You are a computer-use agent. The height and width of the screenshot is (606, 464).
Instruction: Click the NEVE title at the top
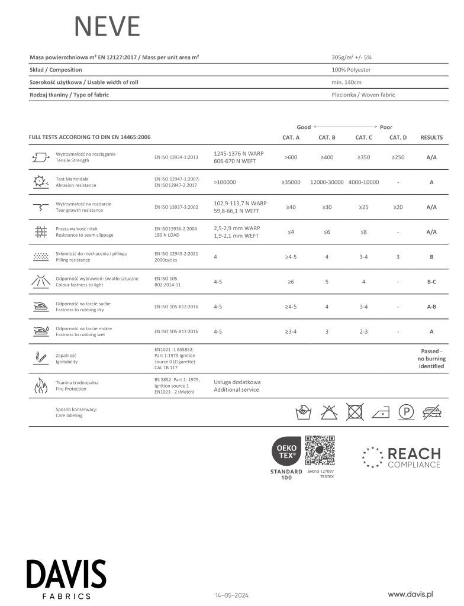(107, 27)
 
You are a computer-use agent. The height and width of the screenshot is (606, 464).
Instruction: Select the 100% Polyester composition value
(352, 70)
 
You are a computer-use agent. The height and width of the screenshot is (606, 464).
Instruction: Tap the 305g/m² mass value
(352, 57)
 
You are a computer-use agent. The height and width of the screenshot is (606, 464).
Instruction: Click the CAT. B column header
(327, 137)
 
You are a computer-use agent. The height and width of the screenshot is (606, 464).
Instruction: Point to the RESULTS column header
(431, 137)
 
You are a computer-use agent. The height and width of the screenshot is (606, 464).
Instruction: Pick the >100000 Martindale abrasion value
(225, 182)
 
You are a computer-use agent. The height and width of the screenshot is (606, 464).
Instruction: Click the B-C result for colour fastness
(431, 282)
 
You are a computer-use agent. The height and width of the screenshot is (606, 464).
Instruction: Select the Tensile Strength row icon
(40, 157)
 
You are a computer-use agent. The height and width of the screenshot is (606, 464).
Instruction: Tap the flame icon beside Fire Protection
(40, 386)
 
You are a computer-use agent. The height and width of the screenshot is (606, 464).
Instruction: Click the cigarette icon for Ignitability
(40, 357)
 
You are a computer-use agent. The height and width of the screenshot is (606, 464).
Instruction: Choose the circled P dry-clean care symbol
(405, 412)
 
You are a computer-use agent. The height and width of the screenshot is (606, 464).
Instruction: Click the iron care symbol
(379, 412)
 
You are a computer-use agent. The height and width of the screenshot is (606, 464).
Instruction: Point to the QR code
(320, 451)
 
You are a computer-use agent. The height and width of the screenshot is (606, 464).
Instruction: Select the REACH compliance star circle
(372, 457)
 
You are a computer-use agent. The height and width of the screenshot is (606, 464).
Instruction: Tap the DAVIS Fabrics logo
(66, 579)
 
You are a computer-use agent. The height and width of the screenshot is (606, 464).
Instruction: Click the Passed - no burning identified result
(431, 359)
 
